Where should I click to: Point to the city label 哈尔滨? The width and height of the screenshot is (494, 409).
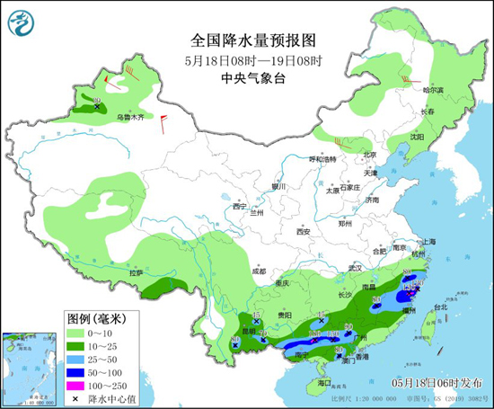[434, 89]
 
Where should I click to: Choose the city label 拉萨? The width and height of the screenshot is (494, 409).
[136, 271]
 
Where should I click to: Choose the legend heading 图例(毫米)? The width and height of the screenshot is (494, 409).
[97, 318]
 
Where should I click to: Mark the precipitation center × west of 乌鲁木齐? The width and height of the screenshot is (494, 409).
[96, 107]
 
